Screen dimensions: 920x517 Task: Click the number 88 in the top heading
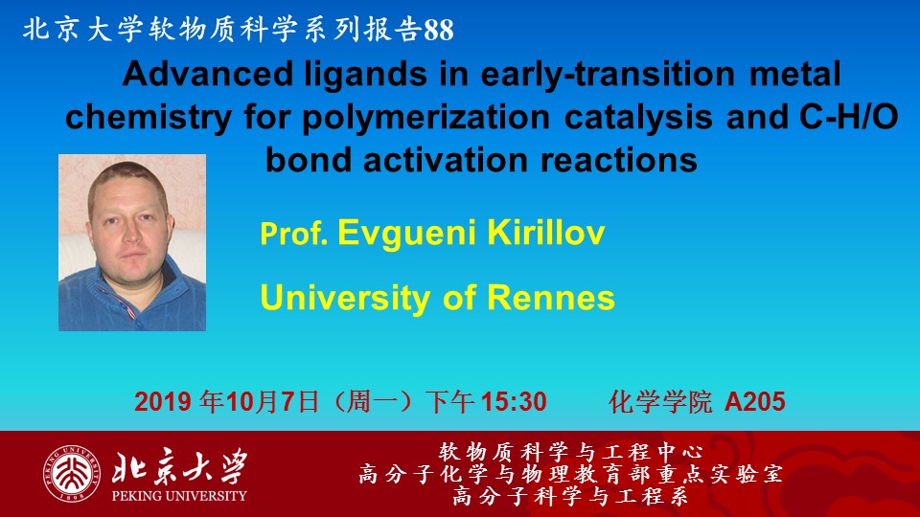pos(438,30)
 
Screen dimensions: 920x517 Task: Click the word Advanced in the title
pos(207,75)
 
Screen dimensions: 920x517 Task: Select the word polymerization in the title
pos(425,117)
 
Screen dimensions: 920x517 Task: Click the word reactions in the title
pos(619,160)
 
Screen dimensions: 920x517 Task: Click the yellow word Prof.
pos(294,234)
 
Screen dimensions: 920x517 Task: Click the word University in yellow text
pos(345,298)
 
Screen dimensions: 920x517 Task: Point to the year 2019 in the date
pos(163,402)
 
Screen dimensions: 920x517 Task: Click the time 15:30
pos(514,402)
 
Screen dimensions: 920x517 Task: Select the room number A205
pos(755,402)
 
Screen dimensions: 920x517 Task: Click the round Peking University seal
pos(71,474)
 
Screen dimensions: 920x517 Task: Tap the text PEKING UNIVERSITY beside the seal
pos(179,496)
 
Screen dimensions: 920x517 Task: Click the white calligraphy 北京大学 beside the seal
pos(179,466)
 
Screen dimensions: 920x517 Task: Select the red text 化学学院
pos(660,402)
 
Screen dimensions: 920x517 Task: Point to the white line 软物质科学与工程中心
pos(571,452)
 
